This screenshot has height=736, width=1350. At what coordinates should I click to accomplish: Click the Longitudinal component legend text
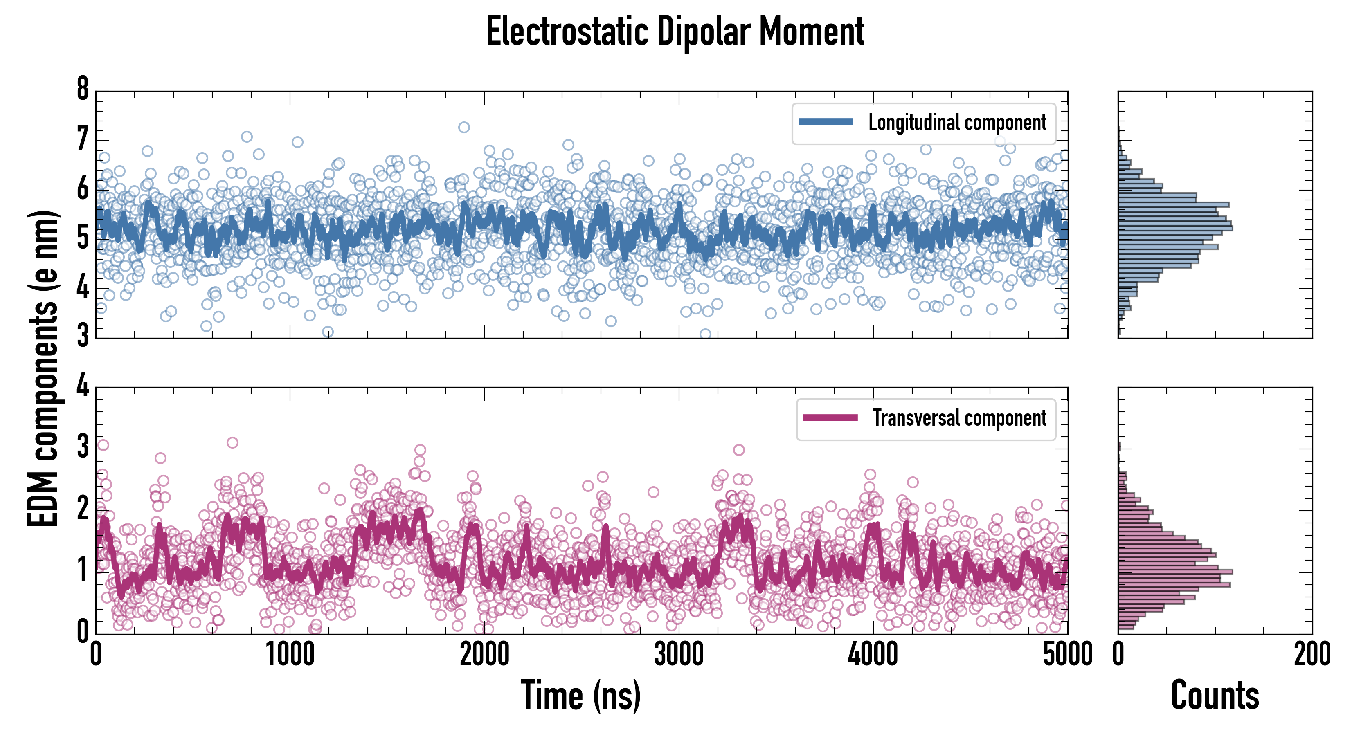coord(957,123)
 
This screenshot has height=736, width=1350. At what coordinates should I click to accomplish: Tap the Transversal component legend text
coord(960,418)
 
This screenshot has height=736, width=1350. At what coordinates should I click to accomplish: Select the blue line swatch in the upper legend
coord(826,122)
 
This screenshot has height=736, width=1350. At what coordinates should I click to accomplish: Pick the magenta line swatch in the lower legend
coord(830,417)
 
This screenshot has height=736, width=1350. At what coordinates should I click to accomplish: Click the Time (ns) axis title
coord(580,695)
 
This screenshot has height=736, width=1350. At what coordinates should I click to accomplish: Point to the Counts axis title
coord(1215,695)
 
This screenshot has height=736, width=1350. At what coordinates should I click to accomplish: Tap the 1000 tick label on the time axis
coord(290,654)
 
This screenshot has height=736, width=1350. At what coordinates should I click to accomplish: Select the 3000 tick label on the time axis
coord(679,654)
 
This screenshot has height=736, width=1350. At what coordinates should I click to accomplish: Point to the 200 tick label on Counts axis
coord(1312,654)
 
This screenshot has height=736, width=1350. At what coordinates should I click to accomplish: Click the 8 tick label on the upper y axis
coord(83,89)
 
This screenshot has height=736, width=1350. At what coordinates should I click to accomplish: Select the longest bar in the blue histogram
coord(1175,228)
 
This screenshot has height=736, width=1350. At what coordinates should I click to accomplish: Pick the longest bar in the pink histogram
coord(1175,572)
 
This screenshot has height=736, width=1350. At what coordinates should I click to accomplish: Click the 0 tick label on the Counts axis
coord(1118,654)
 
